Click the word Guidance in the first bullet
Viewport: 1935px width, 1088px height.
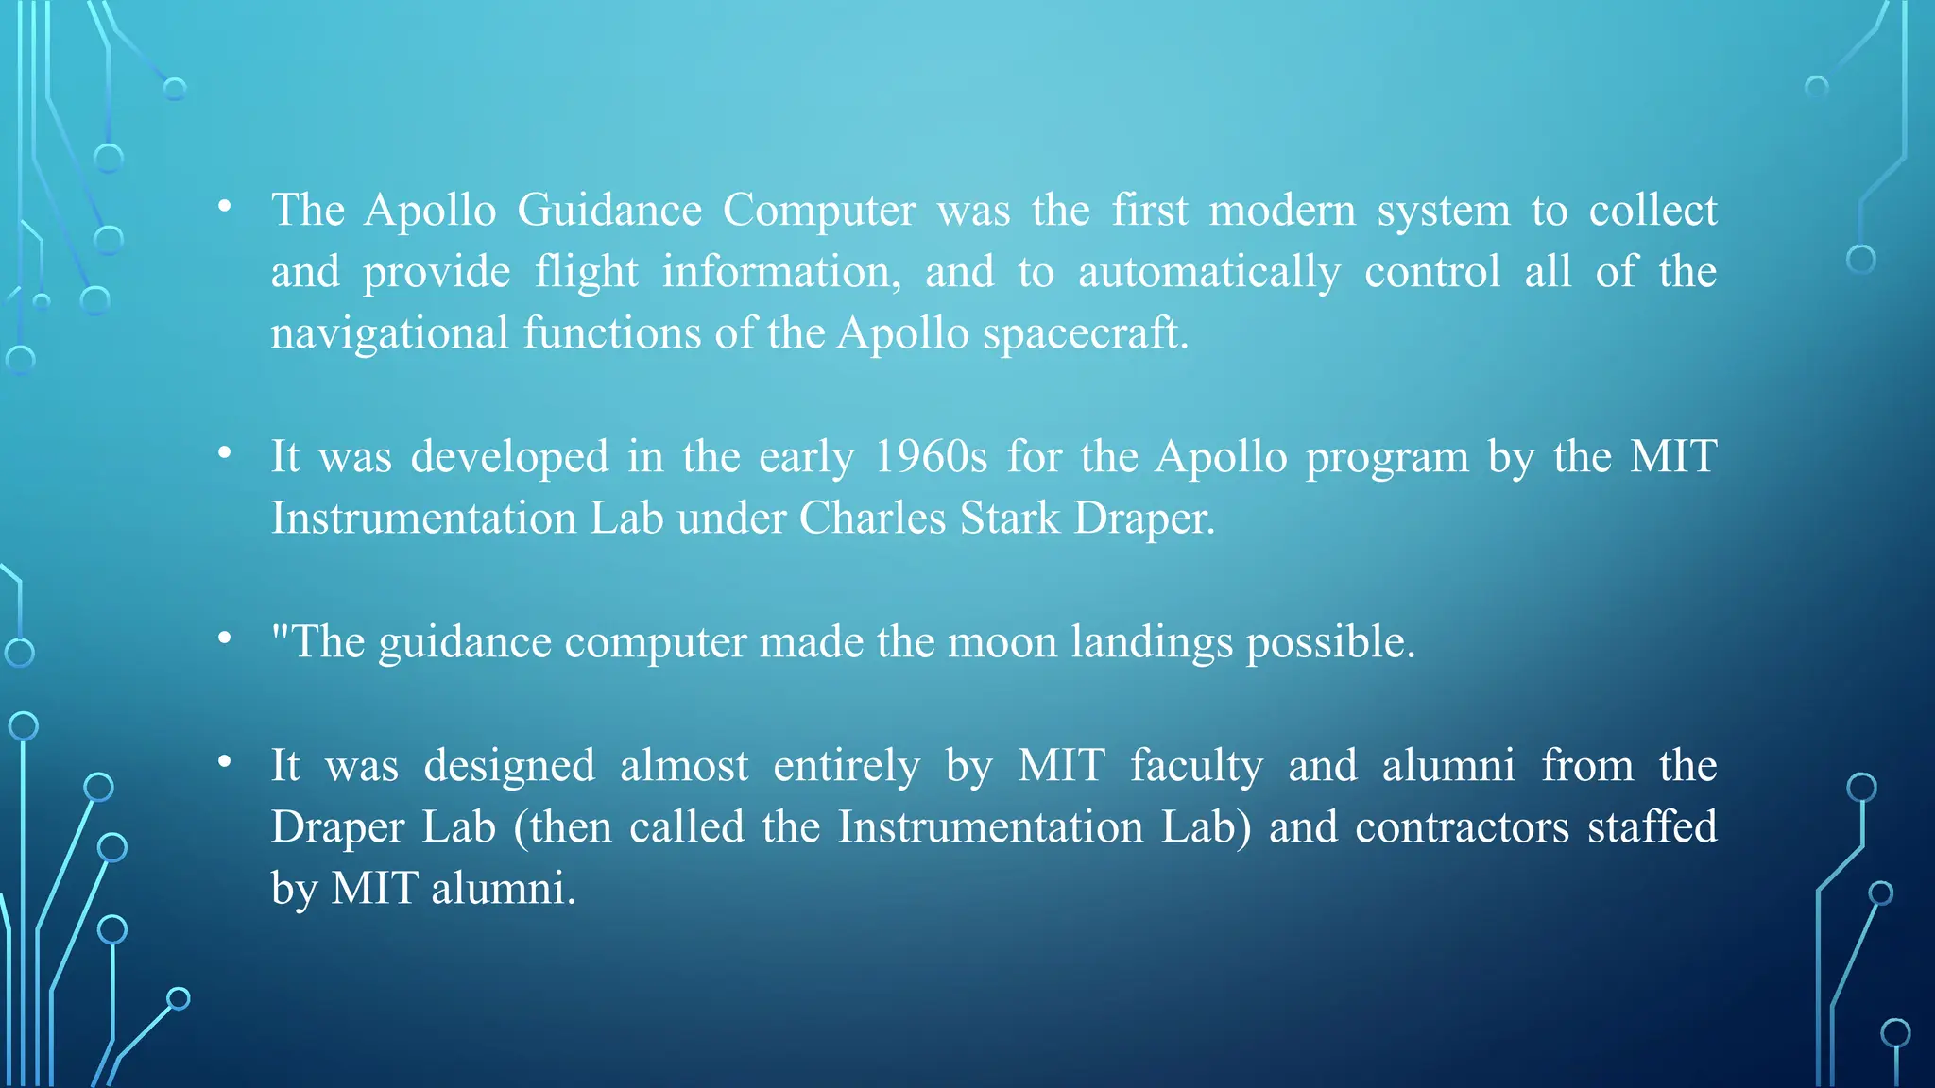(x=609, y=210)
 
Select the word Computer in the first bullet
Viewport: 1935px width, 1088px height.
(x=819, y=210)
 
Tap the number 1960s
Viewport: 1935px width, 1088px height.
(x=931, y=457)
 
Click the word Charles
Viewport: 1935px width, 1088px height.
(x=872, y=518)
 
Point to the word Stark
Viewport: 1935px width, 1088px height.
(x=1009, y=518)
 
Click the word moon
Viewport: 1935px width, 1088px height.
(x=1002, y=642)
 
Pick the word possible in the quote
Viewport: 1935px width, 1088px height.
(x=1330, y=642)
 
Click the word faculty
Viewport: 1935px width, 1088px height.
(x=1196, y=766)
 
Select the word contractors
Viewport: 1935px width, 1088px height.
(x=1462, y=827)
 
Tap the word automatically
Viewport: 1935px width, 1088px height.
(x=1209, y=272)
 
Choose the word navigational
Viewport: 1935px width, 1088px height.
(x=390, y=333)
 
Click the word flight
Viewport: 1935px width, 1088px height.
(x=587, y=272)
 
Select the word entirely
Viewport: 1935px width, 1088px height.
(x=846, y=766)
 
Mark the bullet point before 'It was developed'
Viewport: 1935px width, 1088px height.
(x=224, y=453)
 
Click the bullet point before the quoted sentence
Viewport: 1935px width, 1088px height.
(x=224, y=638)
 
